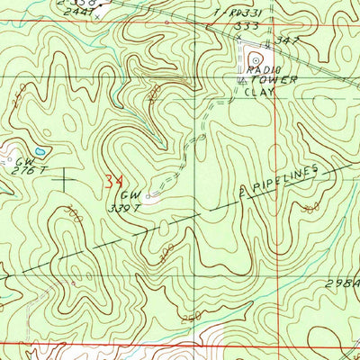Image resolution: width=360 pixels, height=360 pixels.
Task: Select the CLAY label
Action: pyautogui.click(x=262, y=90)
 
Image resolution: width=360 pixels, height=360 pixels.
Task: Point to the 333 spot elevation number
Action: pyautogui.click(x=239, y=28)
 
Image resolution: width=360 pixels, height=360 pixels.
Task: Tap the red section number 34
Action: pyautogui.click(x=112, y=181)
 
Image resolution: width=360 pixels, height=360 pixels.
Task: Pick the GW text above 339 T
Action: pyautogui.click(x=130, y=193)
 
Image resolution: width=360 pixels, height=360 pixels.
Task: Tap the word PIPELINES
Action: pyautogui.click(x=285, y=178)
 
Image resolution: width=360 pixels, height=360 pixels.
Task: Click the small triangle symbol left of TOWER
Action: pyautogui.click(x=240, y=80)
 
